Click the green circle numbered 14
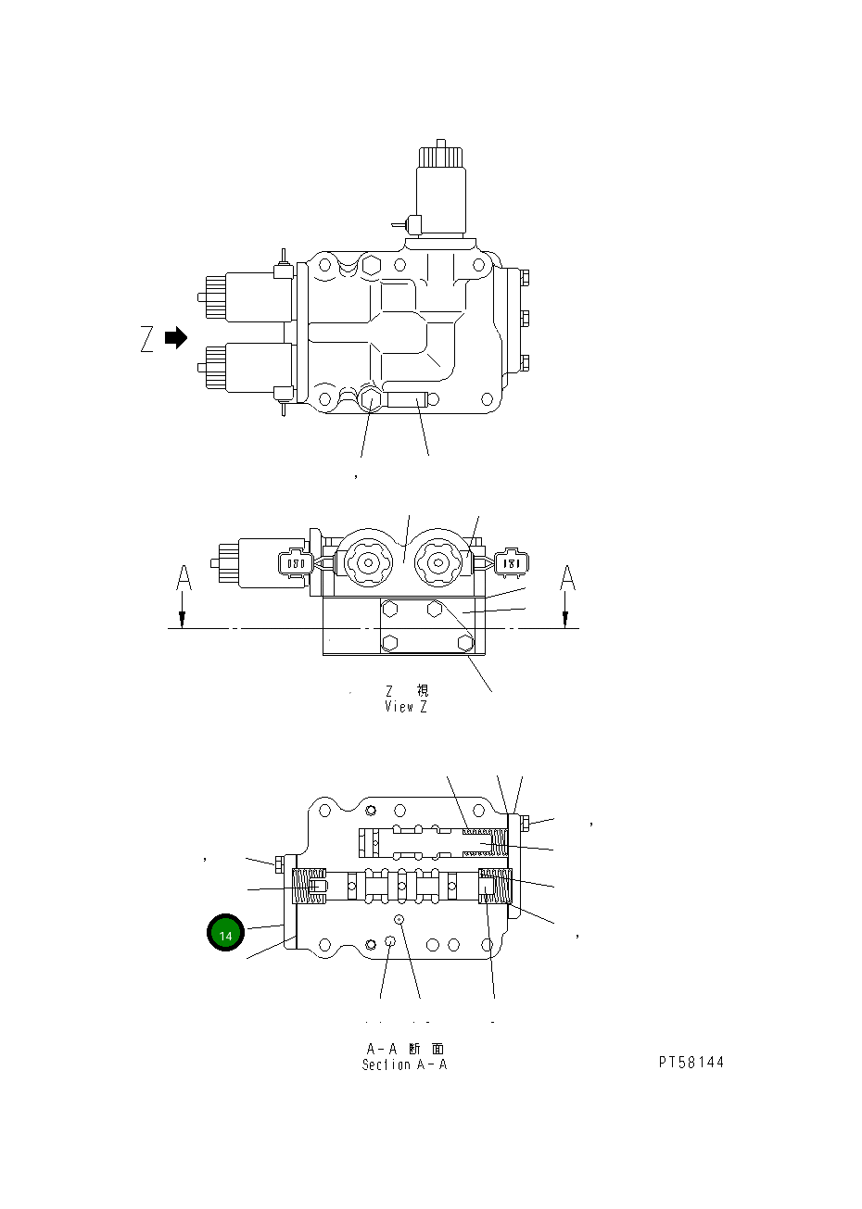[x=225, y=934]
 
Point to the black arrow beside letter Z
[x=176, y=338]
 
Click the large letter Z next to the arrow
[x=147, y=340]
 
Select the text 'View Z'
[x=406, y=707]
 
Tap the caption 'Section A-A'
[x=404, y=1064]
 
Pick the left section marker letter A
[x=184, y=579]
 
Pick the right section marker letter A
[x=567, y=579]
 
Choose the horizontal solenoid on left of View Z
[x=257, y=562]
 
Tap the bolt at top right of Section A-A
[x=524, y=822]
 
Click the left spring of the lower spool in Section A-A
[x=310, y=888]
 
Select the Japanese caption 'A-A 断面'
[x=404, y=1049]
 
